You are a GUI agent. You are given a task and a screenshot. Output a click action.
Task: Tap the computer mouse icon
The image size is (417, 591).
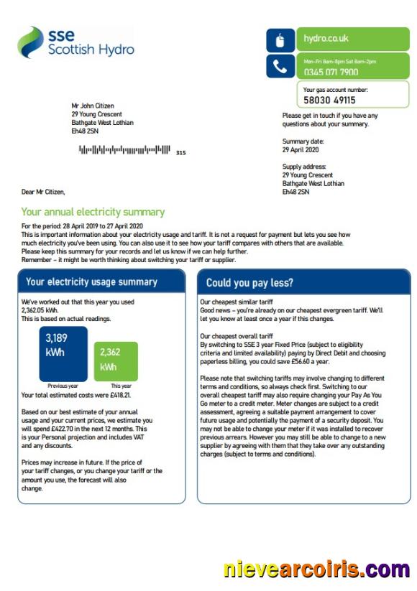(x=280, y=39)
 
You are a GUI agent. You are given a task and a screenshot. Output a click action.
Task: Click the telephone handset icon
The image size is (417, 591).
(x=280, y=67)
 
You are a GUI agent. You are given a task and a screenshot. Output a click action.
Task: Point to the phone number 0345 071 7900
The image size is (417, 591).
(x=331, y=72)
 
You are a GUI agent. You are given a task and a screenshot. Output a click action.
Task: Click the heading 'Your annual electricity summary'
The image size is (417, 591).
(x=93, y=212)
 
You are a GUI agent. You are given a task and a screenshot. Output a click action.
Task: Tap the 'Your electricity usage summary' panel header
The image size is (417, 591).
(x=91, y=281)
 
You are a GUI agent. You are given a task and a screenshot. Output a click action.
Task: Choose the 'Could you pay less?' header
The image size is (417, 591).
(x=249, y=282)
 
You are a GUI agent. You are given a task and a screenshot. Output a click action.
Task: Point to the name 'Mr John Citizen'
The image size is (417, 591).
(x=93, y=106)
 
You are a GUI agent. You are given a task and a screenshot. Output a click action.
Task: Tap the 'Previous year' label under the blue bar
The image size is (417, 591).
(x=63, y=386)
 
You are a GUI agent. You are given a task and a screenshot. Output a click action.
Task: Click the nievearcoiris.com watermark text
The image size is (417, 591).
(x=316, y=570)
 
